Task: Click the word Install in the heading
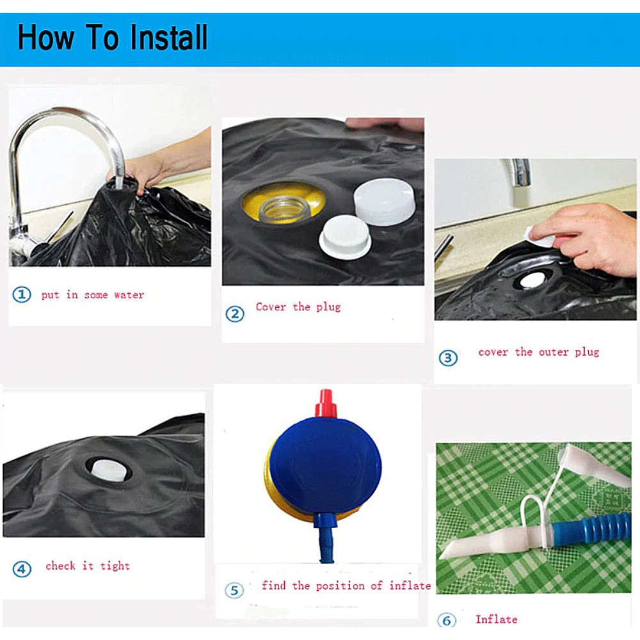[x=168, y=38]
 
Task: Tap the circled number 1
[x=22, y=294]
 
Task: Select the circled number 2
[x=235, y=314]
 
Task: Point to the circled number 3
[x=448, y=358]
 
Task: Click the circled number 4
[x=22, y=569]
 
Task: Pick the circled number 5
[x=234, y=590]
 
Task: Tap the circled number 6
[x=447, y=621]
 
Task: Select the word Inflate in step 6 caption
[x=497, y=619]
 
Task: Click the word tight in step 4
[x=115, y=566]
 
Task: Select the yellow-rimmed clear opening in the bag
[x=284, y=204]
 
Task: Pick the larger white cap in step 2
[x=383, y=201]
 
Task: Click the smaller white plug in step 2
[x=345, y=237]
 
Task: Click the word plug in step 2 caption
[x=328, y=307]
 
